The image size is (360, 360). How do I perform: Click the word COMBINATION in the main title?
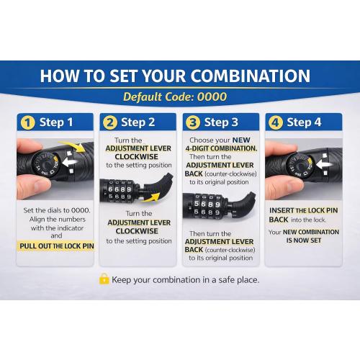point(251,76)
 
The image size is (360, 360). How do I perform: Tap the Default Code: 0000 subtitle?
point(175,96)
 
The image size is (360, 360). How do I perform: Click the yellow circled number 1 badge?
point(28,122)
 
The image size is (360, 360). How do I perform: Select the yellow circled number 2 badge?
point(110,122)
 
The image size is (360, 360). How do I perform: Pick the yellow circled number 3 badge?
point(193,122)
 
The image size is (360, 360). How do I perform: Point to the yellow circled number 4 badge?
point(276,122)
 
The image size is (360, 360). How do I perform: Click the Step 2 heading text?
point(138,122)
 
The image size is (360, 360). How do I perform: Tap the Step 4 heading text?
point(304,122)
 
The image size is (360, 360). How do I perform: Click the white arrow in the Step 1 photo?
point(70,162)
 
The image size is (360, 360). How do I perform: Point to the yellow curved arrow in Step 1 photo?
point(73,145)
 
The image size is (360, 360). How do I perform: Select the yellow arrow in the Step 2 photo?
point(151,197)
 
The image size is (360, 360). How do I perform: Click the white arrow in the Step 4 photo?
point(324,164)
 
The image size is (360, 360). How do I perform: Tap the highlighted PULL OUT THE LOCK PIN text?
point(57,246)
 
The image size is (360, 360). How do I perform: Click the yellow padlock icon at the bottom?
point(104,279)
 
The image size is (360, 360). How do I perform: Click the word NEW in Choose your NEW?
point(241,140)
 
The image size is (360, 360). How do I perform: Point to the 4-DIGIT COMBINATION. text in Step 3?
point(221,148)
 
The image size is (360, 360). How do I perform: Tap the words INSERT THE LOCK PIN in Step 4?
point(303,210)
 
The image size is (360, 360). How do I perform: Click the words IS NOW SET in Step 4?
point(303,240)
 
